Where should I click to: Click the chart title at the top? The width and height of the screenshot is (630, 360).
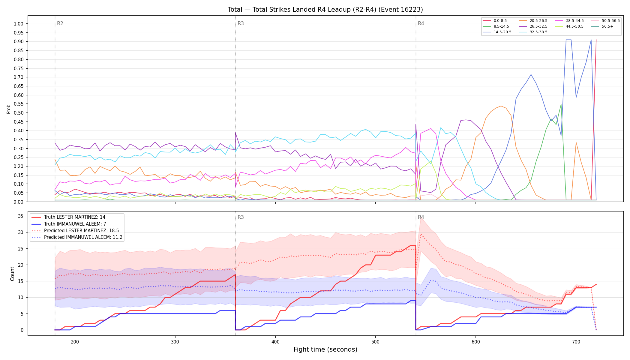point(325,10)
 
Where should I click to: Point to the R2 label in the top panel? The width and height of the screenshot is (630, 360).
point(60,23)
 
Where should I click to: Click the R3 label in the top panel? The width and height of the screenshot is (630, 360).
point(241,23)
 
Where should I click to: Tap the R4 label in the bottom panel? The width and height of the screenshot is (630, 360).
point(421,217)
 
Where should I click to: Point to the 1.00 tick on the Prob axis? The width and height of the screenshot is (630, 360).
point(19,24)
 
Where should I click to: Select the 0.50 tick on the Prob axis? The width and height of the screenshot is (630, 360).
point(19,113)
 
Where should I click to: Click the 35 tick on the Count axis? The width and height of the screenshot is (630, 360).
point(21,216)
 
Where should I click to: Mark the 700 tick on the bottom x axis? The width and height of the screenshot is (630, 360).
point(576,341)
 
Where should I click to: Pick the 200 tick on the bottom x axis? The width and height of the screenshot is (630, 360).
point(75,341)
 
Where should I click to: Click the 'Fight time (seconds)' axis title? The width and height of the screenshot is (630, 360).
point(325,349)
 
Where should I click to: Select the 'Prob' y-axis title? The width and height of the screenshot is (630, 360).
point(9,109)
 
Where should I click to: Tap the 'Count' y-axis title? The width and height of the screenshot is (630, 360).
point(12,274)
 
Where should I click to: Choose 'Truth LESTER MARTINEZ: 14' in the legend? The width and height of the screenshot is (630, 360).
point(75,217)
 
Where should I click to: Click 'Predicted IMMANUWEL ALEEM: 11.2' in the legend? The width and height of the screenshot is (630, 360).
point(83,237)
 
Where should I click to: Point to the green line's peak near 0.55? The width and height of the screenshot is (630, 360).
point(561,104)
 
